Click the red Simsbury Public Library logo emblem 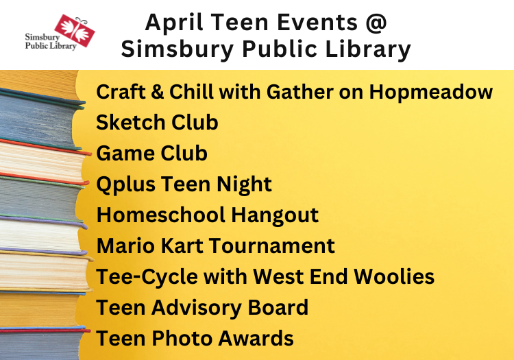tap(75, 30)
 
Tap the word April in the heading tap(174, 23)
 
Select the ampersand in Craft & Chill tap(158, 92)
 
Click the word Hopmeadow tap(431, 92)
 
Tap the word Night tap(244, 184)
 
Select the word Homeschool tap(160, 215)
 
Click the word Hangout tap(275, 216)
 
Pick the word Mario tap(125, 246)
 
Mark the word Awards tap(256, 338)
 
